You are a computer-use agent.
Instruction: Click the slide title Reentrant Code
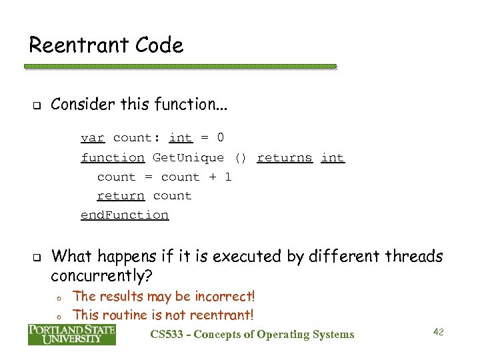point(105,46)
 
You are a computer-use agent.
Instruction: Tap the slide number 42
point(438,331)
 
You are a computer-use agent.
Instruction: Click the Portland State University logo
point(71,334)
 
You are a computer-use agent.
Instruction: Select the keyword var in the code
point(92,138)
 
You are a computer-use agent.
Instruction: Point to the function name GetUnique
point(188,158)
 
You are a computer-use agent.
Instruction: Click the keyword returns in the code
point(284,158)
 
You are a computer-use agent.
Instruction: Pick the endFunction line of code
point(125,215)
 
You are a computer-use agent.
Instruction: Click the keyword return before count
point(121,196)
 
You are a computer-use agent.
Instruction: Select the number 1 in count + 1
point(227,177)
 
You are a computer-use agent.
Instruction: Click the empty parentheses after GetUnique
point(240,158)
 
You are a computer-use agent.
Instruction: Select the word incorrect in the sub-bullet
point(225,296)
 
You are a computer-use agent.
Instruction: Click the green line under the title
point(180,67)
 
